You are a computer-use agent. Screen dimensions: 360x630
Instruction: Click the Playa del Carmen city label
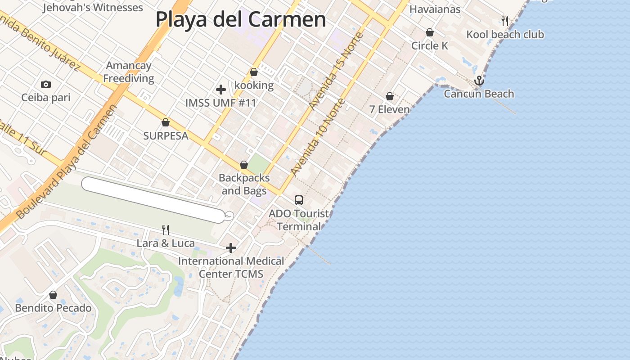coord(241,20)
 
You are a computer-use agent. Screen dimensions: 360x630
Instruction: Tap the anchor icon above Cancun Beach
coord(479,81)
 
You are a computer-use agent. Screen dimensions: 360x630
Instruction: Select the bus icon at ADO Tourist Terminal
coord(299,200)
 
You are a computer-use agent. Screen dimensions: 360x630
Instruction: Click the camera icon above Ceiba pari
coord(45,84)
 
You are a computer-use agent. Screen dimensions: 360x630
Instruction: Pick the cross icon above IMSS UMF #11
coord(220,89)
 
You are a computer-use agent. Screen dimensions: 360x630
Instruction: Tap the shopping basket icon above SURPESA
coord(166,122)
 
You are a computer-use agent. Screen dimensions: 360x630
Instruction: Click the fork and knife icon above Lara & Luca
coord(166,230)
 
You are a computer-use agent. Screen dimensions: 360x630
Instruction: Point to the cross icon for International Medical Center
coord(231,248)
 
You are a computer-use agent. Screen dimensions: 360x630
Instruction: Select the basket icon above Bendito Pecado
coord(53,295)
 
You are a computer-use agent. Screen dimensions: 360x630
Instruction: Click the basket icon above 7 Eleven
coord(390,96)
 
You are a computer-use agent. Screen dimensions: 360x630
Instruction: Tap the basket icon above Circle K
coord(430,32)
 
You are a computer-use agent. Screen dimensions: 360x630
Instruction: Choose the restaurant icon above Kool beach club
coord(505,21)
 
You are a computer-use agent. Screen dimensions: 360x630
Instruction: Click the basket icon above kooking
coord(254,72)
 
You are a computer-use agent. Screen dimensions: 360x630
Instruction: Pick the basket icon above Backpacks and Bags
coord(244,165)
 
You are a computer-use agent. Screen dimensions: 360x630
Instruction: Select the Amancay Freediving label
coord(129,72)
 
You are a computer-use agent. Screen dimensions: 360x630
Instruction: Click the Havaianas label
coord(435,9)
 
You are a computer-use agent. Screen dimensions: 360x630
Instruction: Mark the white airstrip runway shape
coord(153,199)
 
